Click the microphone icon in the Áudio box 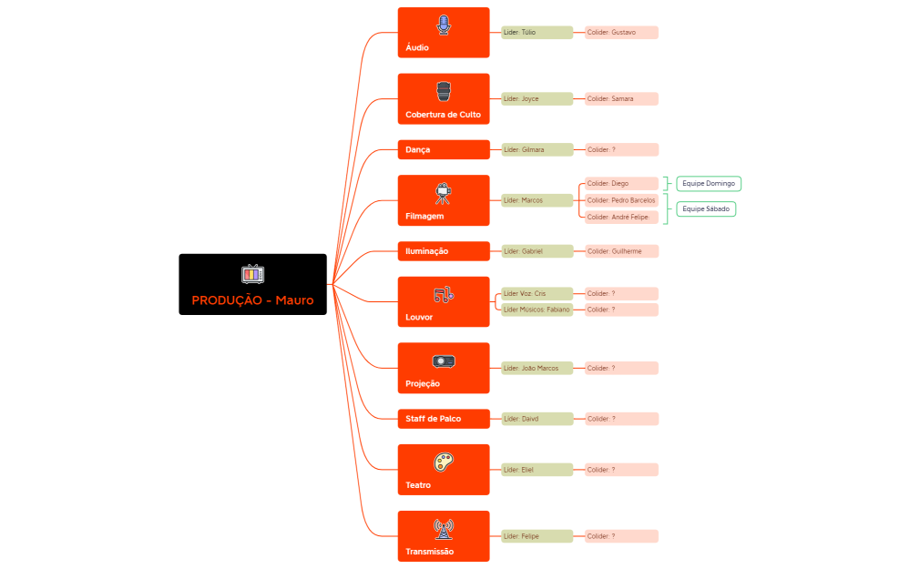coord(444,25)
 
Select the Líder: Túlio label coord(537,33)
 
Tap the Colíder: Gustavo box coord(621,33)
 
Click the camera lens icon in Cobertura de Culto coord(444,91)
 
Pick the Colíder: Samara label coord(621,98)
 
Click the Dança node coord(444,149)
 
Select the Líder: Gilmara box coord(537,149)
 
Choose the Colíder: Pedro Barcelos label coord(621,200)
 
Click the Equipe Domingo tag coord(709,184)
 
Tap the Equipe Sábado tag coord(706,208)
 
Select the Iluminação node coord(444,251)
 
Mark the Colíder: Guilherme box coord(621,251)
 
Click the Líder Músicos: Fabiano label coord(537,310)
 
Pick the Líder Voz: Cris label coord(537,294)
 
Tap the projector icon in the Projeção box coord(444,361)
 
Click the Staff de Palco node coord(444,419)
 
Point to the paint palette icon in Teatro coord(444,462)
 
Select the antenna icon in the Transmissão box coord(444,528)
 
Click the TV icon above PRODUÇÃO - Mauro coord(252,273)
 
